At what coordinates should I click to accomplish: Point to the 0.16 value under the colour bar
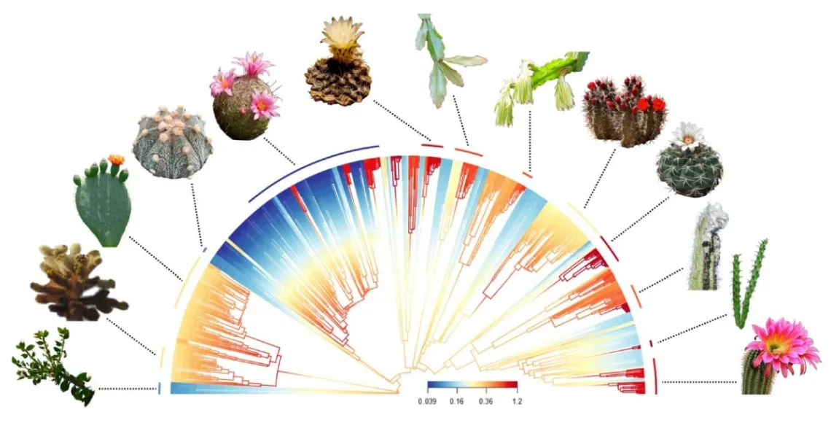coord(456,402)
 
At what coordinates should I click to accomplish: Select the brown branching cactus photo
coord(73,284)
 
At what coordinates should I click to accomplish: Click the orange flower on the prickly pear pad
coord(114,159)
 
